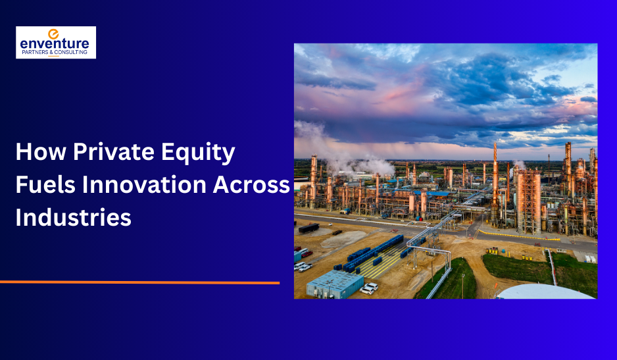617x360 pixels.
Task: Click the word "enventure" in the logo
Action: coord(55,44)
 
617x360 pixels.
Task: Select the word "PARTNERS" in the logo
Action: coord(35,52)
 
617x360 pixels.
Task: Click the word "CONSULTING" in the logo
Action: coord(71,52)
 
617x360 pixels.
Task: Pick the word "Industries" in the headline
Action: coord(73,217)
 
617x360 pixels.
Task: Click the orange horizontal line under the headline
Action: coord(139,282)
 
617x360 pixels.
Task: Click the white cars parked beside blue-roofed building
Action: coord(368,288)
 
